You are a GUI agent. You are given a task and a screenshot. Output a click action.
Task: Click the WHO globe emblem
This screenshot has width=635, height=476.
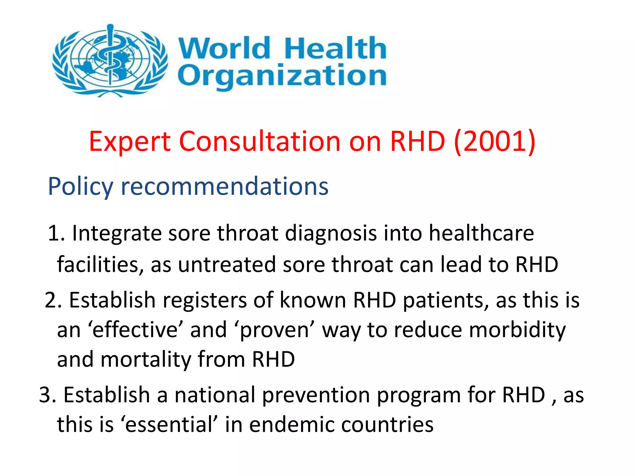pos(110,60)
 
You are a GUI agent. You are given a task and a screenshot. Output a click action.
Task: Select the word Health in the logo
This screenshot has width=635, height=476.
pos(335,48)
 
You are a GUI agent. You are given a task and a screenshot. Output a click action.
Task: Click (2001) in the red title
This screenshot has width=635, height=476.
pos(495,141)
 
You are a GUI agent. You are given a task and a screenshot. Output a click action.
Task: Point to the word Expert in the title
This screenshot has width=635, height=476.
pos(130,142)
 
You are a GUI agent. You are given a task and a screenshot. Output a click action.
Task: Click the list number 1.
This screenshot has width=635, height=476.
pos(56,233)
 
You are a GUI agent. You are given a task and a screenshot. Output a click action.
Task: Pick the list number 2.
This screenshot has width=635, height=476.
pos(53,300)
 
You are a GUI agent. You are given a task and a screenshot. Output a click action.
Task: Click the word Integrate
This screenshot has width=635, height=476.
pos(117,234)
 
